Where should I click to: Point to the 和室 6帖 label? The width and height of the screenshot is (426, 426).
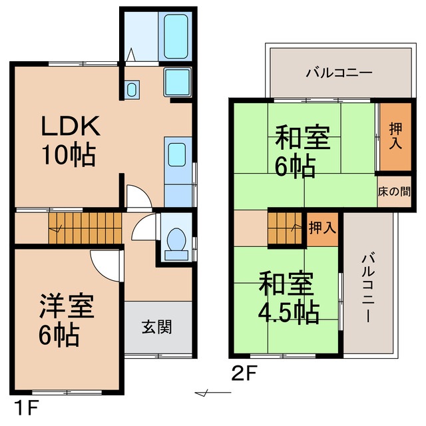(x=302, y=152)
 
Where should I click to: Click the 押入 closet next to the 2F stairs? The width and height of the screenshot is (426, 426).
(x=322, y=228)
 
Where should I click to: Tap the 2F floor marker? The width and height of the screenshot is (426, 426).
(x=244, y=373)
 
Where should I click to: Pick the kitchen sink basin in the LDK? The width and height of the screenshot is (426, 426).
(x=176, y=154)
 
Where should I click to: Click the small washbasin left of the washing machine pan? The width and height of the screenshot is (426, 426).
(x=131, y=89)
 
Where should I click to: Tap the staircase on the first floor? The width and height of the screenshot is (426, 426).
(x=85, y=227)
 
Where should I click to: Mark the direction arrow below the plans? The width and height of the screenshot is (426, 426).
(x=212, y=393)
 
